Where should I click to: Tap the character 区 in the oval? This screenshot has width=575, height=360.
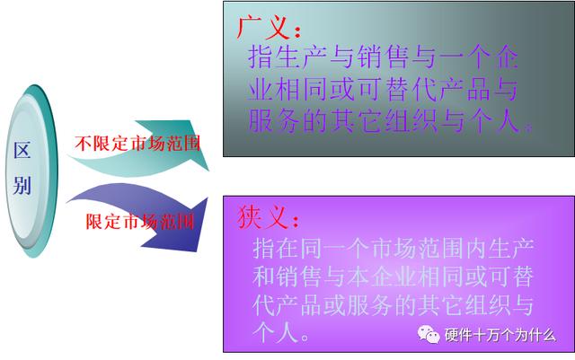(22, 150)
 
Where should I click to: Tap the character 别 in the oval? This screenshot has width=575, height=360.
(22, 185)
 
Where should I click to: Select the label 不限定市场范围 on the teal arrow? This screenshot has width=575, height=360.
(137, 144)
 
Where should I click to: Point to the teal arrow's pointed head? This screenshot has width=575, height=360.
(208, 171)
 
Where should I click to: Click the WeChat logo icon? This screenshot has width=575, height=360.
(429, 334)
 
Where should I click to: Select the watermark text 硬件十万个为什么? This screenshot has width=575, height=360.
(500, 335)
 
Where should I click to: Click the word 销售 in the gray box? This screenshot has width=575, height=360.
(384, 57)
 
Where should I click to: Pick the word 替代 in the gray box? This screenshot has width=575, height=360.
(411, 89)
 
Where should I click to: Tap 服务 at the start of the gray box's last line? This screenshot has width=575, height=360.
(273, 120)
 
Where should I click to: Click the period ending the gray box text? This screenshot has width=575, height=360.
(527, 128)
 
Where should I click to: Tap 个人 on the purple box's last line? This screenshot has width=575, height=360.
(275, 332)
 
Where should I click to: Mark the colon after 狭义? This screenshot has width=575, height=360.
(296, 221)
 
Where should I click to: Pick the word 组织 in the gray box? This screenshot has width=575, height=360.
(411, 120)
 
